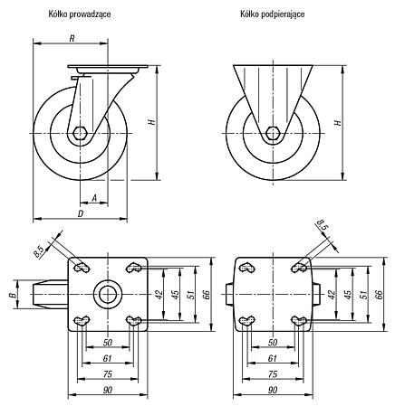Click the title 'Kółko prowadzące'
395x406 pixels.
tap(80, 14)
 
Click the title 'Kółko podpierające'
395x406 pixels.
tap(273, 14)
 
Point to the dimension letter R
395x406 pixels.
tap(72, 38)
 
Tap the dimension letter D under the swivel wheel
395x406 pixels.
tap(81, 213)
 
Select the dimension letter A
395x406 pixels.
tap(94, 198)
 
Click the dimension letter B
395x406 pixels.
tap(13, 295)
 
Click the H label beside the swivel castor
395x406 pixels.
tap(152, 122)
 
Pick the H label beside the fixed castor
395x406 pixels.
tap(338, 122)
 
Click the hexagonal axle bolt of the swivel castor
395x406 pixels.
tap(81, 133)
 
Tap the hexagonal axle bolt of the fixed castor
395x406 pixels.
tap(273, 133)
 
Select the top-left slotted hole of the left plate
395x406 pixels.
tap(82, 268)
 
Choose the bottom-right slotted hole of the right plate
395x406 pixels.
tap(299, 321)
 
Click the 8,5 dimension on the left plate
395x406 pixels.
tap(40, 252)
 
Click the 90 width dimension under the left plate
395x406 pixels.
tap(108, 391)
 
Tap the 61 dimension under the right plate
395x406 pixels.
tap(273, 358)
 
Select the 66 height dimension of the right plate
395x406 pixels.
tap(379, 294)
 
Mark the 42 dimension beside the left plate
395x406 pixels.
tap(159, 294)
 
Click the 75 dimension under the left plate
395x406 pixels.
tap(108, 374)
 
